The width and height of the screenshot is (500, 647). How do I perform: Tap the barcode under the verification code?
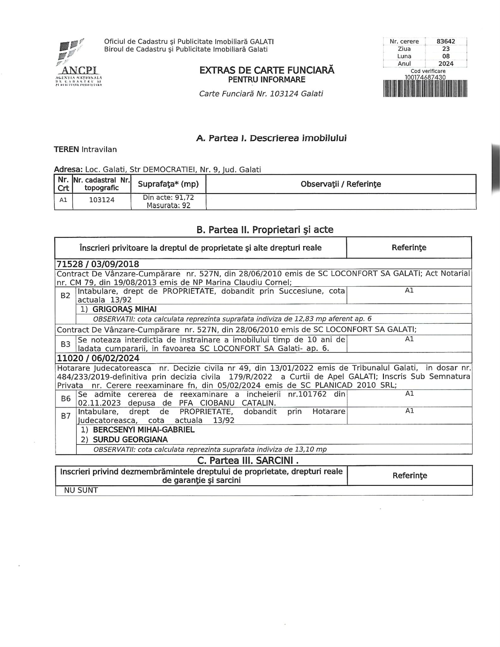coord(425,88)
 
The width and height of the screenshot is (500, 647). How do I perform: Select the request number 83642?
coord(446,41)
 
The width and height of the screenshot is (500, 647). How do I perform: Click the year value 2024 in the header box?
coord(446,63)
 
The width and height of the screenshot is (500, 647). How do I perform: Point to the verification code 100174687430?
coord(425,77)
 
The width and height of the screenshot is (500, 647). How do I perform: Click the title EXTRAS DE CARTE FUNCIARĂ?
coord(267,70)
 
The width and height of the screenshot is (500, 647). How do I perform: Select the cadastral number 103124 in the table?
coord(102,200)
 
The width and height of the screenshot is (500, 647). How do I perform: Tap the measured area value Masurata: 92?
coord(168,205)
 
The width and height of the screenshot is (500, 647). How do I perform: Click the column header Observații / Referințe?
coord(341,184)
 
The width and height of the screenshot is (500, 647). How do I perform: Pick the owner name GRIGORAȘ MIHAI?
coord(124,309)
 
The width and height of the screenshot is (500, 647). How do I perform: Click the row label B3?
coord(65,344)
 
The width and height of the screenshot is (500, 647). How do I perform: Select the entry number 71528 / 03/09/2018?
coord(98,264)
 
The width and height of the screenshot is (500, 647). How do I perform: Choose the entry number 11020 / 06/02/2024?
coord(98,358)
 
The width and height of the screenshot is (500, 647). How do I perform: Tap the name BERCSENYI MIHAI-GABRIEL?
coord(144,430)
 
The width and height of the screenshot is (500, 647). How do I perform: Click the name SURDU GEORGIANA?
coord(130,439)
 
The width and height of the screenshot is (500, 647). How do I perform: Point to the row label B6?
coord(66,399)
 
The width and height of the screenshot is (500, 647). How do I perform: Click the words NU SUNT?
coord(81,490)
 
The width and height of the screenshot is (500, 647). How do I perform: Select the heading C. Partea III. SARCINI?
coord(247,461)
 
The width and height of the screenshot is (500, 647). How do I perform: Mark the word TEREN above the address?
coord(66,149)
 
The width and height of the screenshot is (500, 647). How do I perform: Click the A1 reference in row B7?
coord(409,411)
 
